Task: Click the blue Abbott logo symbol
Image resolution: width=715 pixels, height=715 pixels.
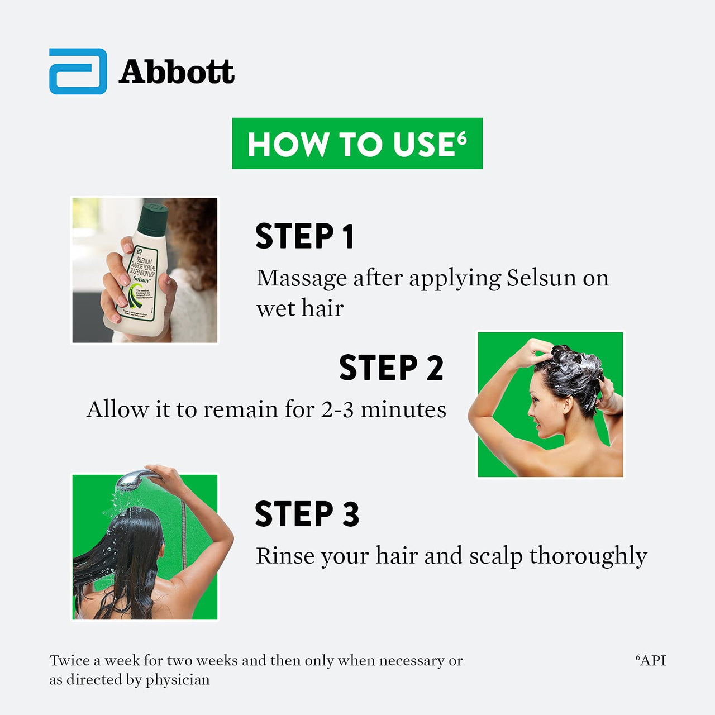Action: tap(78, 71)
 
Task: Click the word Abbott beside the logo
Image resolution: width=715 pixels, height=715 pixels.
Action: tap(177, 73)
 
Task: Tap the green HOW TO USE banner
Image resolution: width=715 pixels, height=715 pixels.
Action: tap(357, 144)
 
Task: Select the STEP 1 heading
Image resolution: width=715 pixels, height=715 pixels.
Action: tap(304, 236)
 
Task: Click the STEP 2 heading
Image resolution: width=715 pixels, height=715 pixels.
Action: tap(391, 368)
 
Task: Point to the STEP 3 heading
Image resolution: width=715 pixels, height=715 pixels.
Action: tap(307, 514)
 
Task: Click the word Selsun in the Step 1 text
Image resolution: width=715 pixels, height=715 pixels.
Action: tap(541, 278)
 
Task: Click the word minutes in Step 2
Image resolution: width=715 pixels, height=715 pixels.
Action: tap(403, 410)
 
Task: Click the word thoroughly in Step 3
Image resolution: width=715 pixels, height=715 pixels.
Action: tap(588, 556)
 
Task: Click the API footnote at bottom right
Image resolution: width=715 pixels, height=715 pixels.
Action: tap(651, 660)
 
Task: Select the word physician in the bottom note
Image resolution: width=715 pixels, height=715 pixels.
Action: tap(178, 680)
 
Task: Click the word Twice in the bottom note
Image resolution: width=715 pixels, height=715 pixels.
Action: tap(69, 660)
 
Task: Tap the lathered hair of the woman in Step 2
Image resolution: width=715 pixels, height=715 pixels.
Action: tap(570, 371)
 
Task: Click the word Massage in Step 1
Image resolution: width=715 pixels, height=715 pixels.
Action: tap(302, 278)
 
